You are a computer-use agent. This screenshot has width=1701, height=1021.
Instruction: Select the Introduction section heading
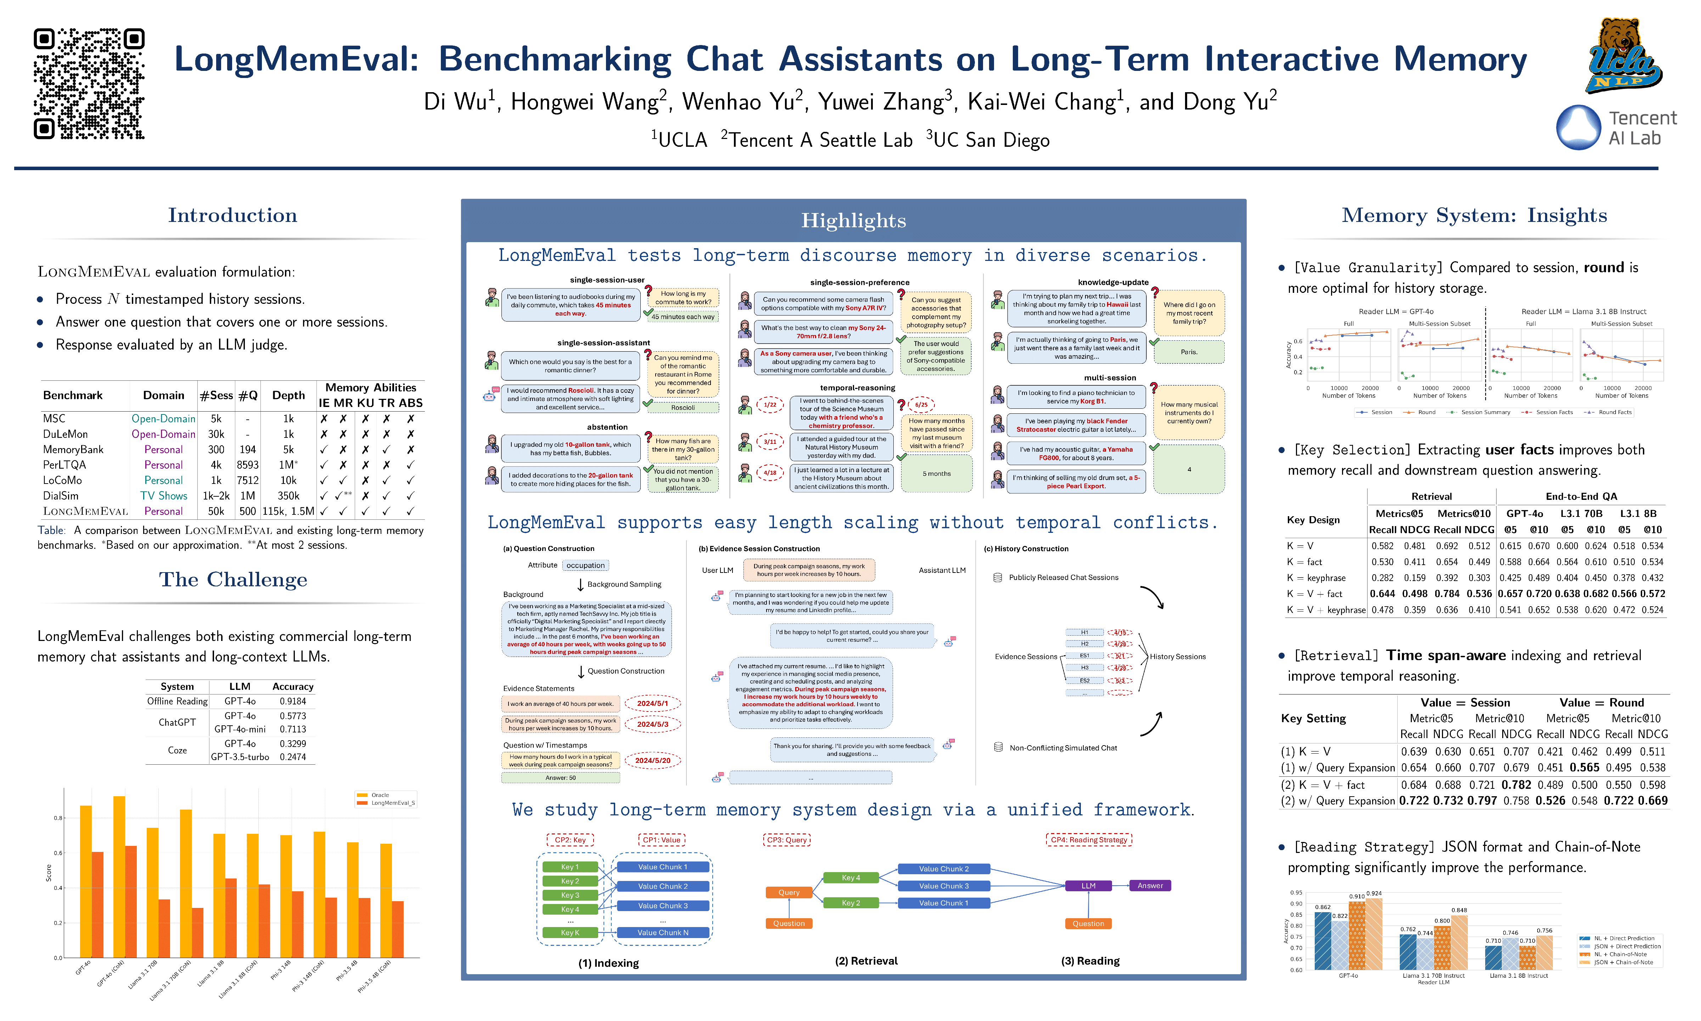(x=232, y=215)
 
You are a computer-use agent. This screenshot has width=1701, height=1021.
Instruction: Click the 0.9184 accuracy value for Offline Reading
(x=293, y=701)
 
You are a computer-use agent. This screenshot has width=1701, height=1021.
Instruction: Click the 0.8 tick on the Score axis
(x=58, y=818)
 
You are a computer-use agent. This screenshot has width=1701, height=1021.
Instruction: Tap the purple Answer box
(x=1150, y=886)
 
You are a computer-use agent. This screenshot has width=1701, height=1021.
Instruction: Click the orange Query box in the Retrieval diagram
(x=788, y=892)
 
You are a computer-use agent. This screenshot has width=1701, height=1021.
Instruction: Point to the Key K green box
(x=570, y=932)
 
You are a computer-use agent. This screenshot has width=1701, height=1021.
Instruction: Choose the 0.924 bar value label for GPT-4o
(x=1373, y=893)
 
